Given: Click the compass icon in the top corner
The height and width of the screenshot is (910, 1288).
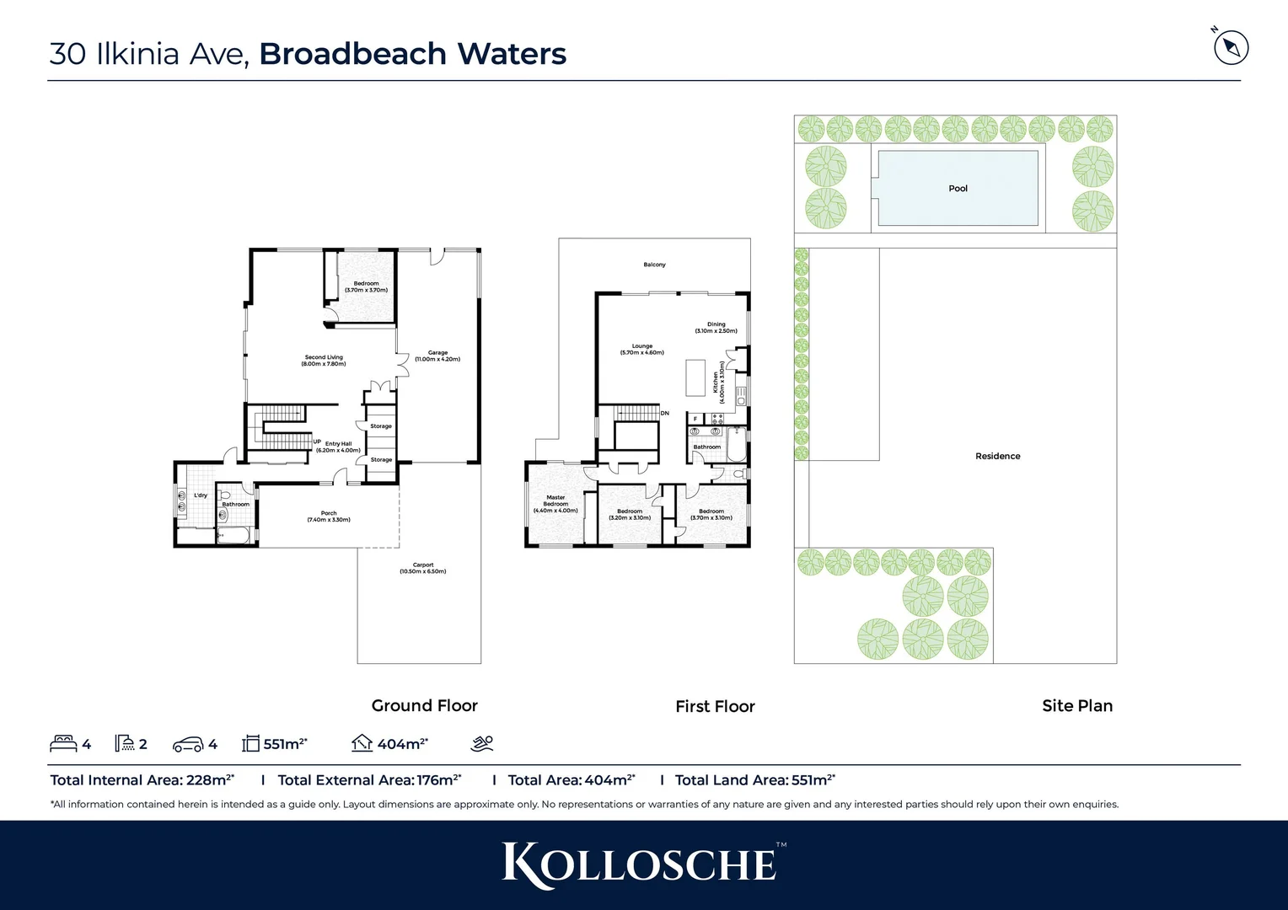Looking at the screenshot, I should point(1231,47).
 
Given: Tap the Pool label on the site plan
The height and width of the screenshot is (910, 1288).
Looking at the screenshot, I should point(958,189).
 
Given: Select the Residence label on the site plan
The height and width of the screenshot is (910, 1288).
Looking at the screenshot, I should point(997,456).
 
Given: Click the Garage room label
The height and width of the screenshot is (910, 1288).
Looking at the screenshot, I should point(437,356).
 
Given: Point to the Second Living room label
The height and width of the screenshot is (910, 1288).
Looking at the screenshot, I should point(324,361).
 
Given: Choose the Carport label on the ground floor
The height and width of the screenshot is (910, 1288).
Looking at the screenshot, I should point(423,568).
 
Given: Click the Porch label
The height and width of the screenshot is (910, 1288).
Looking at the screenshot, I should point(329,517).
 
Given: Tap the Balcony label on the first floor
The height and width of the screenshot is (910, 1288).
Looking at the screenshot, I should point(654,265).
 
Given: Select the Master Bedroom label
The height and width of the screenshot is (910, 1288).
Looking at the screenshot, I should point(555,504).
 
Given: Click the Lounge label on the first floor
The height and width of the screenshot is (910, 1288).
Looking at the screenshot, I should point(642,349).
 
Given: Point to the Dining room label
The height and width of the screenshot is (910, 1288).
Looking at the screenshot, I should point(716,328).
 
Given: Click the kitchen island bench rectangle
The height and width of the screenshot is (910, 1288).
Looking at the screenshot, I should point(695,377).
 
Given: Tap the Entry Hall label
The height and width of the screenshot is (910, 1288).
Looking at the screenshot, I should point(338,447).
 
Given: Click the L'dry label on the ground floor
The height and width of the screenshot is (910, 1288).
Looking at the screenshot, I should point(201,495).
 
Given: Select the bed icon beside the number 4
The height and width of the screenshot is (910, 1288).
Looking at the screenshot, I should point(63,743).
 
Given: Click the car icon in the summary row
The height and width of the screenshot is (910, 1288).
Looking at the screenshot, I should point(188,744).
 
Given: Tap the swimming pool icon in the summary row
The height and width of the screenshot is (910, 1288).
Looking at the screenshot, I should point(482,743).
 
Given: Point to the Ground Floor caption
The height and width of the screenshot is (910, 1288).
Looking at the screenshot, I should point(424,706).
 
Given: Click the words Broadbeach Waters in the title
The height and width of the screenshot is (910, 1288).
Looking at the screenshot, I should point(412,54).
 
